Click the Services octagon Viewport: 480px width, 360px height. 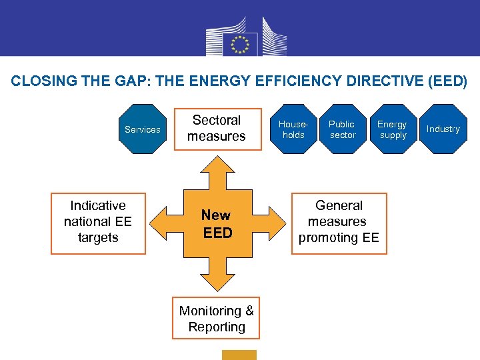pos(143,129)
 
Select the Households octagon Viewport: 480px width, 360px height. pos(293,129)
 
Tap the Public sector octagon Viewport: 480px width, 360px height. pos(342,129)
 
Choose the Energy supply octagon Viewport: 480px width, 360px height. pos(392,129)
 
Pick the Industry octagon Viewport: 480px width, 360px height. pos(443,129)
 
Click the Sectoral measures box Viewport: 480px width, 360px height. pos(217,129)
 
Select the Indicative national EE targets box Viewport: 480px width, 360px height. pos(98,222)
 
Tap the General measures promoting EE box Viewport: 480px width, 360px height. pos(339,222)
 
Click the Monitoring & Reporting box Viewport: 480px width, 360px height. pos(217,319)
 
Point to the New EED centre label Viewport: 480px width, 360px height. pos(217,224)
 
